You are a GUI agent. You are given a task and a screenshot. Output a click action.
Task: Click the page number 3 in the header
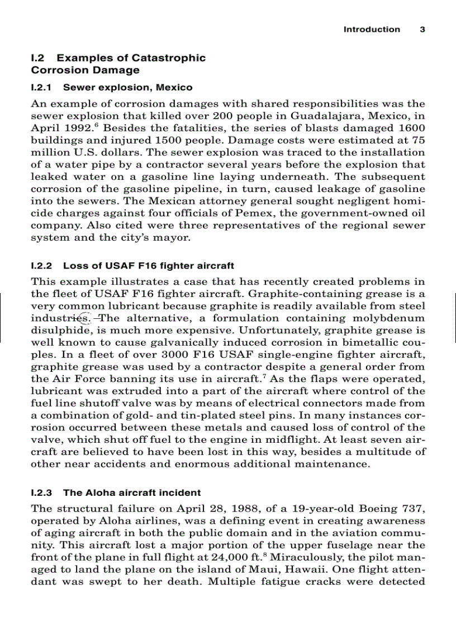tap(422, 30)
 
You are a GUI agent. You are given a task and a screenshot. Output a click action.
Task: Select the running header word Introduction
tap(372, 30)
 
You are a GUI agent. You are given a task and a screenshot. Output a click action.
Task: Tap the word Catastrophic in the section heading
tap(171, 58)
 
